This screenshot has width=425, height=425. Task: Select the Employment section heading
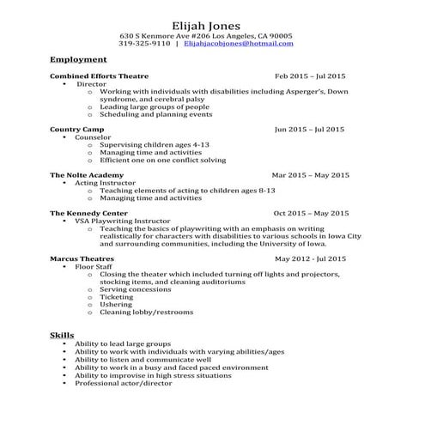pos(78,60)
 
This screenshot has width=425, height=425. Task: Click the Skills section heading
pos(62,334)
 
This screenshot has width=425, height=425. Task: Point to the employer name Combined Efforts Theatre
pos(99,76)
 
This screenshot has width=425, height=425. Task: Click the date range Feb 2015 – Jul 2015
pos(310,76)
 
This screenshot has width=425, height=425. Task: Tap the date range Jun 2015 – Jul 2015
pos(310,129)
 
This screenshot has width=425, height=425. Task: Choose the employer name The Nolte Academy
pos(87,175)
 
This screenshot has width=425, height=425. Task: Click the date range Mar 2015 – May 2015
pos(310,175)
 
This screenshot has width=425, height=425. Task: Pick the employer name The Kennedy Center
pos(88,212)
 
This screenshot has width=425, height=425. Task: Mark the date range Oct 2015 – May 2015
pos(311,212)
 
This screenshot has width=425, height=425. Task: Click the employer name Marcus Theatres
pos(82,258)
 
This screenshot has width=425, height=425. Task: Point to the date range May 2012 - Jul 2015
pos(310,258)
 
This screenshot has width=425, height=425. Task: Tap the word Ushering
pos(116,304)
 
